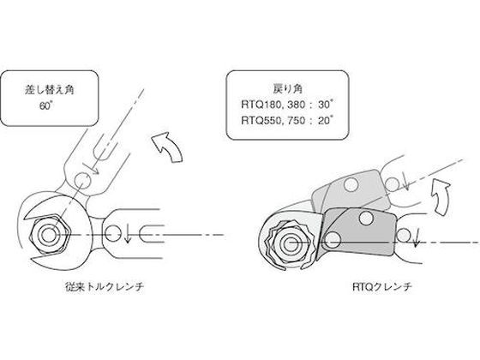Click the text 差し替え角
(50, 90)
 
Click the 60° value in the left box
(46, 106)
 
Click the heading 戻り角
(287, 88)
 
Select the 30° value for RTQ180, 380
(325, 105)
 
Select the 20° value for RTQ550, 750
(325, 120)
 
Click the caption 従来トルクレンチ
(105, 287)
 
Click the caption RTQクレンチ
(382, 287)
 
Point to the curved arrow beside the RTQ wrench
(441, 197)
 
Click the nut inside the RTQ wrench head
(288, 244)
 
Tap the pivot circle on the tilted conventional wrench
(82, 179)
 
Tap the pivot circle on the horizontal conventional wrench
(112, 233)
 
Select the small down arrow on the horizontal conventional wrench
(128, 235)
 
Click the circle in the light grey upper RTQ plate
(351, 184)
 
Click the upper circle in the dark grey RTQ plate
(366, 218)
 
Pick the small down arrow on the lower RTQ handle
(416, 239)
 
